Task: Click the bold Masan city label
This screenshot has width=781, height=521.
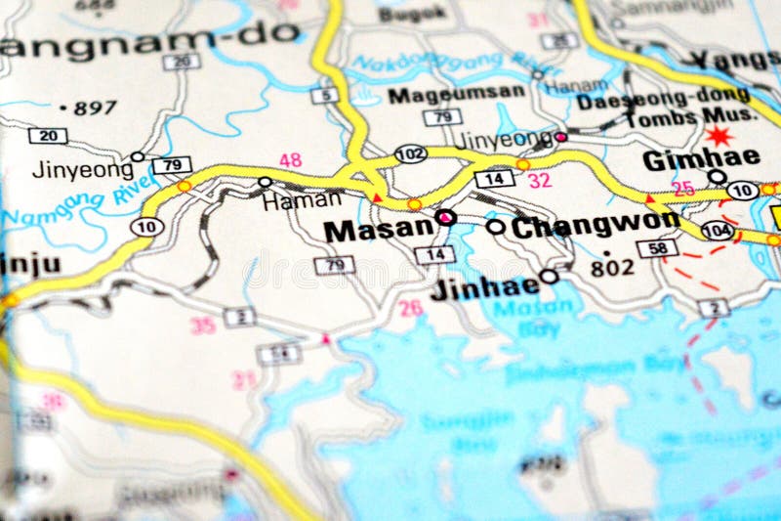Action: (x=378, y=231)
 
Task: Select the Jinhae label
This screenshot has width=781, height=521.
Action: (x=495, y=284)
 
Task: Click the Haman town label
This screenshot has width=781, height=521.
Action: (x=302, y=199)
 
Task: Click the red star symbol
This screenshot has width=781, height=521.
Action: (x=719, y=136)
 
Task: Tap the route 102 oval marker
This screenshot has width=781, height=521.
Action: (x=411, y=153)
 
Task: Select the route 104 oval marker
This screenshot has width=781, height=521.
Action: (x=718, y=231)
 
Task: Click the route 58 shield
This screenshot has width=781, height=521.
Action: (x=657, y=248)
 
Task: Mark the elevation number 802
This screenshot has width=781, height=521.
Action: (x=612, y=266)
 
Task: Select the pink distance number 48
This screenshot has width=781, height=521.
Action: (x=290, y=159)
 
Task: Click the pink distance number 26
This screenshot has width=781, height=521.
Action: (x=411, y=308)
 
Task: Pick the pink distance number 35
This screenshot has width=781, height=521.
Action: (x=202, y=326)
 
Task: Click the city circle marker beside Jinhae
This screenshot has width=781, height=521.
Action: (x=550, y=277)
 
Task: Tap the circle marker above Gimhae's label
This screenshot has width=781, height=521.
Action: (x=717, y=176)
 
